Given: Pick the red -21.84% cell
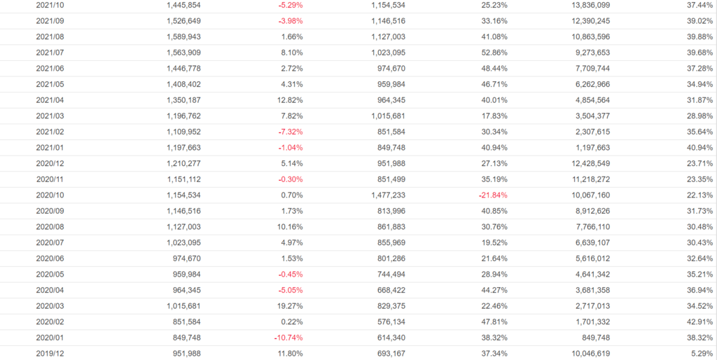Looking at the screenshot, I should coord(493,195).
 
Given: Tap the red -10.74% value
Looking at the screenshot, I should coord(288,338).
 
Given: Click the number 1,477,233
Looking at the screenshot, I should coord(385,195).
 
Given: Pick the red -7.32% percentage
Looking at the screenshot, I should coord(289,132).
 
